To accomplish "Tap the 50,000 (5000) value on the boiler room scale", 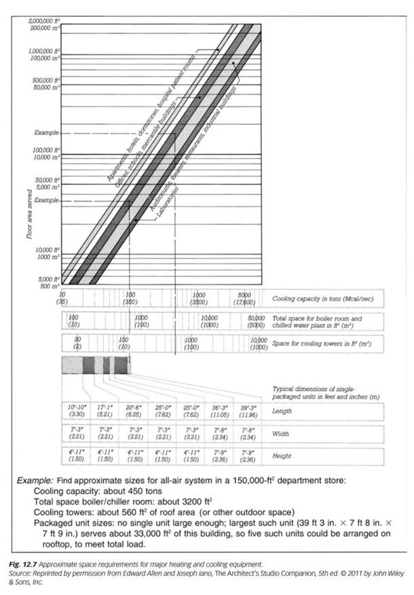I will coord(256,321).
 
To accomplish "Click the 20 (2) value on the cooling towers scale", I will coord(78,343).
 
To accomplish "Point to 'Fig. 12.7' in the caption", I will coord(31,565).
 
